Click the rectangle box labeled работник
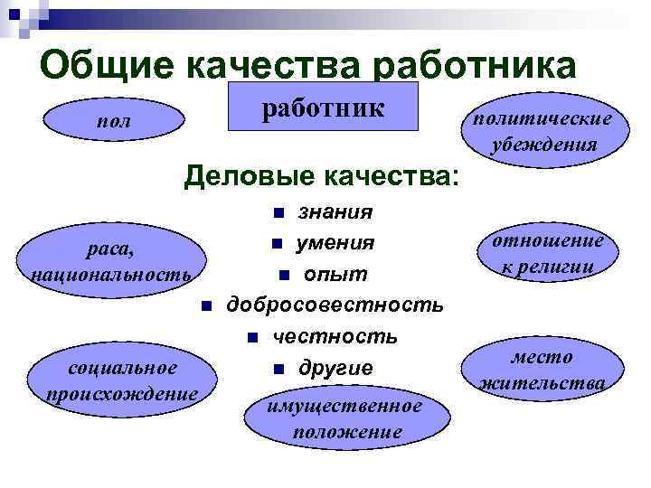[x=324, y=108]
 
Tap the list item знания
[x=335, y=212]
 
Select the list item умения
[x=336, y=243]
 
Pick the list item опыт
[x=335, y=274]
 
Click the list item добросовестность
[x=335, y=305]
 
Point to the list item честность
[x=335, y=336]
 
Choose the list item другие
[x=335, y=368]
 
